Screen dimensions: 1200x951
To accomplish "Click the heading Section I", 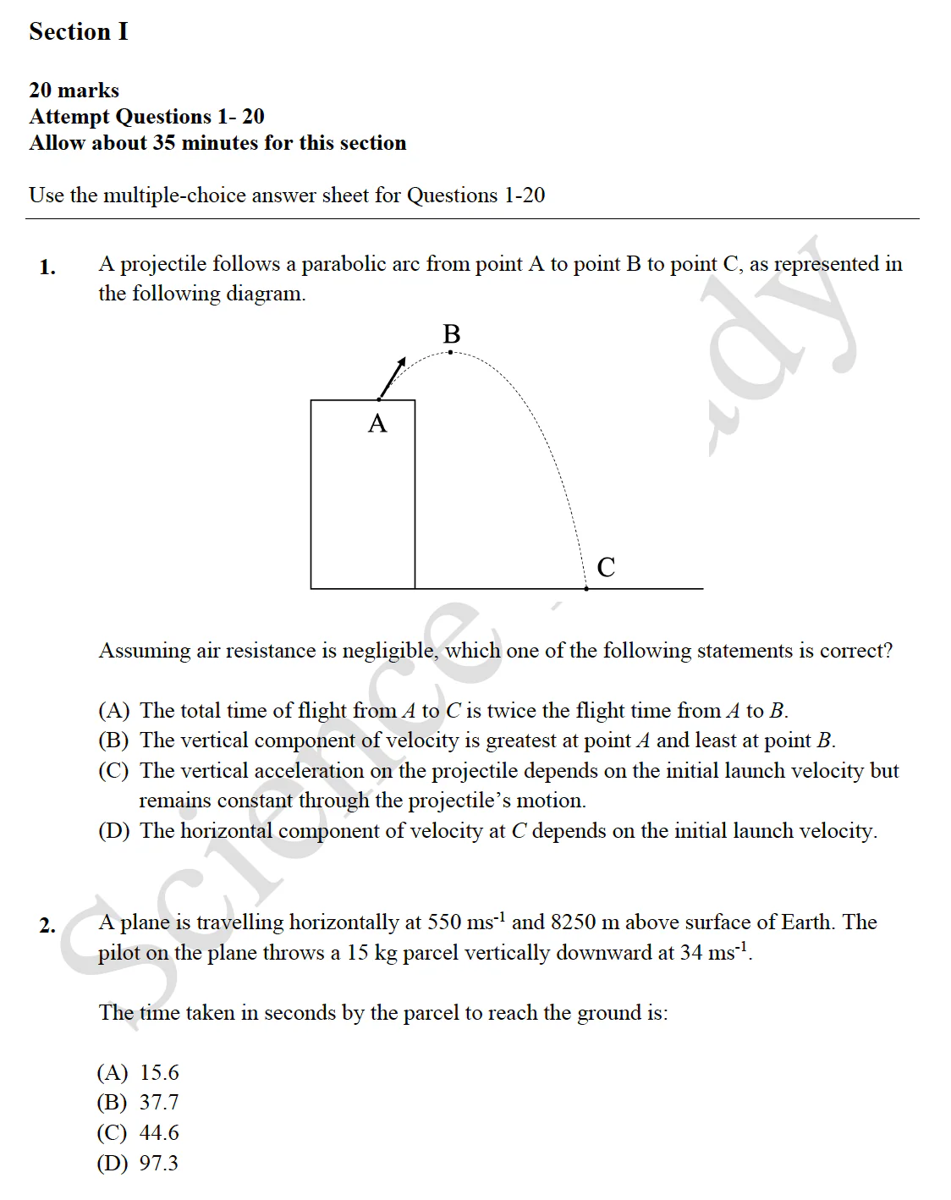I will (x=79, y=31).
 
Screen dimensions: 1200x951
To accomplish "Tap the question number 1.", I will (x=47, y=267).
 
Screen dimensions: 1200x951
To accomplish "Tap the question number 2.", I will (x=47, y=926).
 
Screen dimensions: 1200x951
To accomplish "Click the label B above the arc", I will (x=452, y=334).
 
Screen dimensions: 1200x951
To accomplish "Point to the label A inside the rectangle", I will (x=377, y=423).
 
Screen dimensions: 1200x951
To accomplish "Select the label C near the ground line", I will (x=606, y=567).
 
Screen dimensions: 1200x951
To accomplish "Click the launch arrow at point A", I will (x=393, y=377).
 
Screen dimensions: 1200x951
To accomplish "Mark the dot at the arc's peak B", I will (x=450, y=352).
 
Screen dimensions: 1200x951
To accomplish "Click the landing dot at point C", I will (x=586, y=588).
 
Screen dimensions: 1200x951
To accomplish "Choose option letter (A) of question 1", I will (x=114, y=711).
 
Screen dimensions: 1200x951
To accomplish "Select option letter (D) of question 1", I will (x=114, y=831).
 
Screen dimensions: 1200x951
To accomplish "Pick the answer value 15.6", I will (x=159, y=1073).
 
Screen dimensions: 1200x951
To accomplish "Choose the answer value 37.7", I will (x=159, y=1103).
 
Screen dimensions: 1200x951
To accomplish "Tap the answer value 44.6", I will (x=159, y=1133).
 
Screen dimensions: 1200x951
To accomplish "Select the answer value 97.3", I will (x=159, y=1164).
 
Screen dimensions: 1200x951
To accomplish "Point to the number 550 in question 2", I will (x=445, y=922).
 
